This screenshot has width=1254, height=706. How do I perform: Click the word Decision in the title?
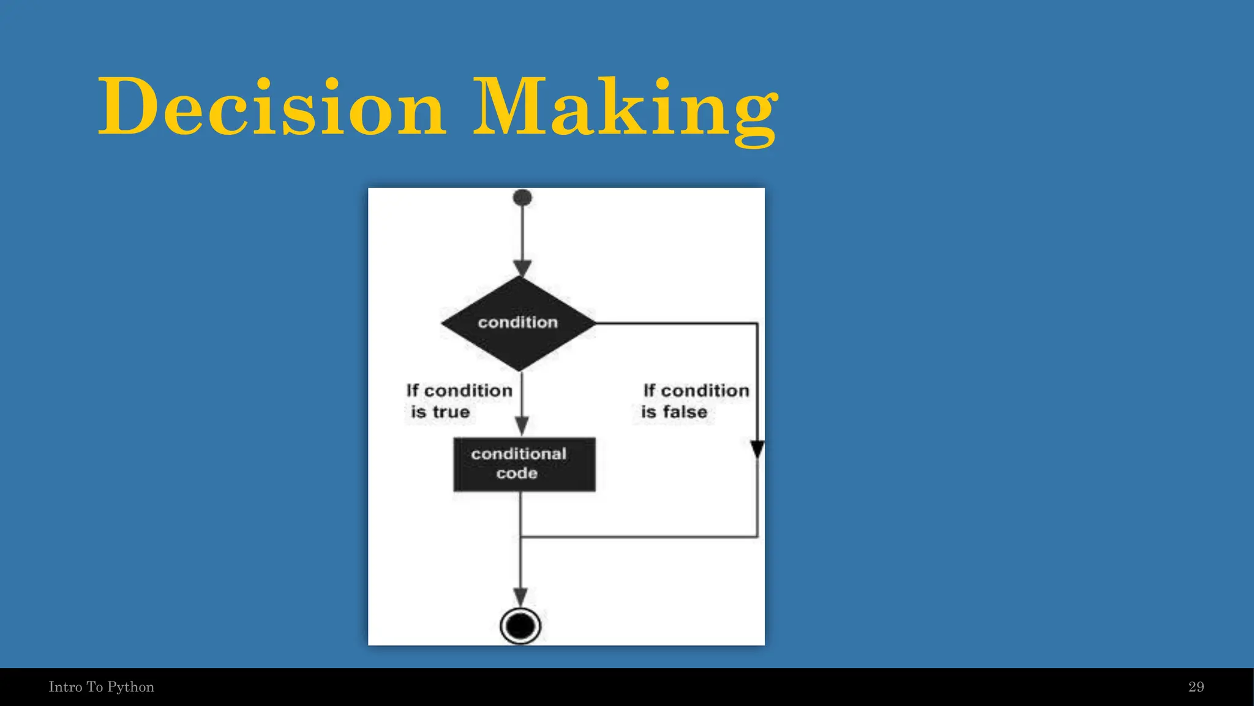pos(271,107)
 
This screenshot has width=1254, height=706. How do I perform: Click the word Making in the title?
pos(625,107)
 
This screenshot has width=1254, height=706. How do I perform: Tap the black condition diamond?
pos(518,323)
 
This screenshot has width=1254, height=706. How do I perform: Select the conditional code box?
pos(524,464)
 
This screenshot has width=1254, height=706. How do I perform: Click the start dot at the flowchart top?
pos(522,197)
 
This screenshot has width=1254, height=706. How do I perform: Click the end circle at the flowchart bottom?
pos(520,626)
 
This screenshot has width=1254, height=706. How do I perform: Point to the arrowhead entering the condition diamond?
pos(522,268)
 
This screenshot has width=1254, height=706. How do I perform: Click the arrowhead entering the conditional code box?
pos(522,425)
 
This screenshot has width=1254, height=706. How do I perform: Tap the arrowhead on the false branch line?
pos(757,449)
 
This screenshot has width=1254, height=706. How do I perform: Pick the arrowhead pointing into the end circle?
pos(520,596)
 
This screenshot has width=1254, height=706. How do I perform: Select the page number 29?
pos(1196,687)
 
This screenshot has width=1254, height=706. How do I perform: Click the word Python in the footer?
pos(130,687)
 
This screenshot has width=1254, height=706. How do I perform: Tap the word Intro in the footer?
pos(65,687)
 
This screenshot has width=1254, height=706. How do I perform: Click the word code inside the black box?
pos(517,473)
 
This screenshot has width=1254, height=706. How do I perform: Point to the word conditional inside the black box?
pos(519,454)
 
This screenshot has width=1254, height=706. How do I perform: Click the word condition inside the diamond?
pos(518,322)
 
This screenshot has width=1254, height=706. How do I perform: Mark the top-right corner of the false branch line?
pos(757,323)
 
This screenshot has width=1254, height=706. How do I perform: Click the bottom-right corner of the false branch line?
pos(757,537)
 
